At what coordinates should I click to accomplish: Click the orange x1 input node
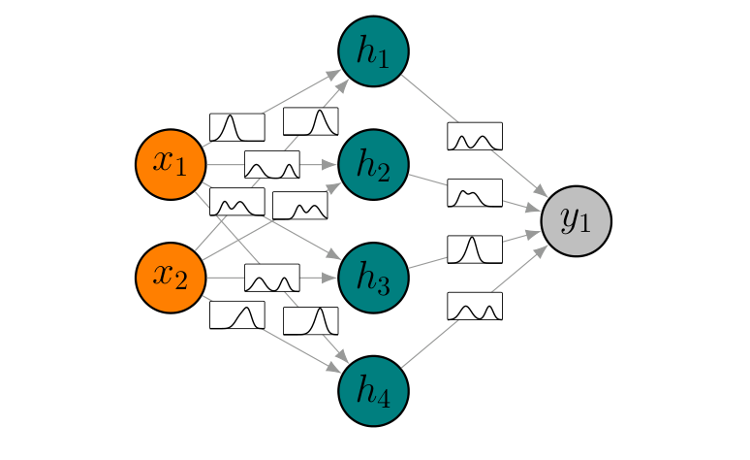(x=171, y=164)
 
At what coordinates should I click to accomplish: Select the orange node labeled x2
(x=171, y=278)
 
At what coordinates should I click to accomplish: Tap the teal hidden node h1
(x=373, y=51)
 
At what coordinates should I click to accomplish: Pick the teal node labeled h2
(x=373, y=164)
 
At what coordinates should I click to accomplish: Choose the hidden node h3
(x=373, y=278)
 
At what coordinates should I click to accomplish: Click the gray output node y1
(x=576, y=220)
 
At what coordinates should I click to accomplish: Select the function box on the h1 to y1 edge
(x=475, y=136)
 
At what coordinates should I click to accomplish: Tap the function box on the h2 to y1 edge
(x=475, y=192)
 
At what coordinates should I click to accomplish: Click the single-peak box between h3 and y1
(x=475, y=249)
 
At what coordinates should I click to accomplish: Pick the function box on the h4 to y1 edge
(x=475, y=306)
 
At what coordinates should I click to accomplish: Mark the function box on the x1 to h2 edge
(x=271, y=164)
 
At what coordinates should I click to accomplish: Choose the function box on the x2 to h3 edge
(x=271, y=278)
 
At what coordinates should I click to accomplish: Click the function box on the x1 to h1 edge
(x=237, y=127)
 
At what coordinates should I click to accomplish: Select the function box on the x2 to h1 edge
(x=310, y=121)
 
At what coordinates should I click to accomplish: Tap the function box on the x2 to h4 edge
(x=237, y=314)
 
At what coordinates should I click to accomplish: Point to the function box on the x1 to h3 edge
(x=237, y=202)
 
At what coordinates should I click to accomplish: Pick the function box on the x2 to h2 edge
(x=299, y=206)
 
